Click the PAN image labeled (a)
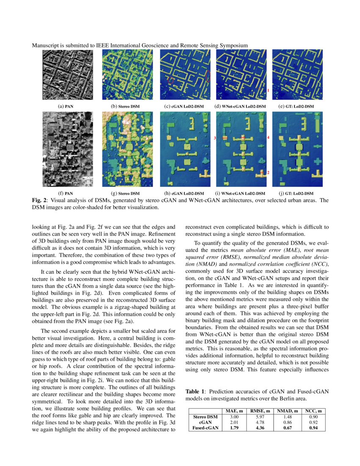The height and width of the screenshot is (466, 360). click(67, 75)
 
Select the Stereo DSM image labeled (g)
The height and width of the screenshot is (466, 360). click(127, 150)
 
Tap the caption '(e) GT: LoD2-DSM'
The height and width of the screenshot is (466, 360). click(297, 106)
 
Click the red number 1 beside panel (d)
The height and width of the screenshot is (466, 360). click(268, 91)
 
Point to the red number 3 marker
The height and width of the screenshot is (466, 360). click(215, 139)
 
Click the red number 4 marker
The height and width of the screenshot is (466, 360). click(268, 139)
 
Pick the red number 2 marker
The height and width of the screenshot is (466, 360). click(268, 173)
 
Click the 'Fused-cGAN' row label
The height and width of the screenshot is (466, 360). click(205, 428)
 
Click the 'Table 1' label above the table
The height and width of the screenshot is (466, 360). click(195, 392)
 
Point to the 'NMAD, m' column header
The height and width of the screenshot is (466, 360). click(287, 411)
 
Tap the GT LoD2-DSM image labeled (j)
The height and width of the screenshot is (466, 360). click(297, 150)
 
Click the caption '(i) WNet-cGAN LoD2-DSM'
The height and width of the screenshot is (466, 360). click(241, 194)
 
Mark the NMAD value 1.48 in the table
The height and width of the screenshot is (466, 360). click(287, 417)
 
